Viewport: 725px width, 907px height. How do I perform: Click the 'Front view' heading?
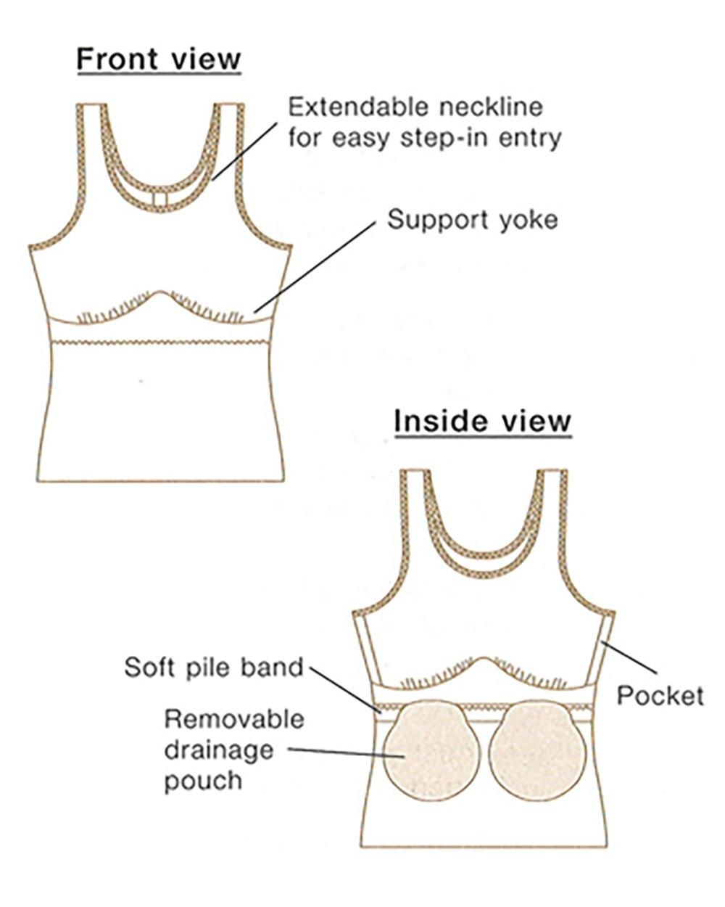(x=159, y=59)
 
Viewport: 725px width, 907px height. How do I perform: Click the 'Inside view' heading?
(x=483, y=422)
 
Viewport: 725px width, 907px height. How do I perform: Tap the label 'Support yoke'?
(x=473, y=219)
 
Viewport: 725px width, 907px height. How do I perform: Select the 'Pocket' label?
(x=660, y=696)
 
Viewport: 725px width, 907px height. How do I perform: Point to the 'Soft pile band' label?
(x=213, y=667)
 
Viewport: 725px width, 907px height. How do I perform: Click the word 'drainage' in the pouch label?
(x=209, y=750)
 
